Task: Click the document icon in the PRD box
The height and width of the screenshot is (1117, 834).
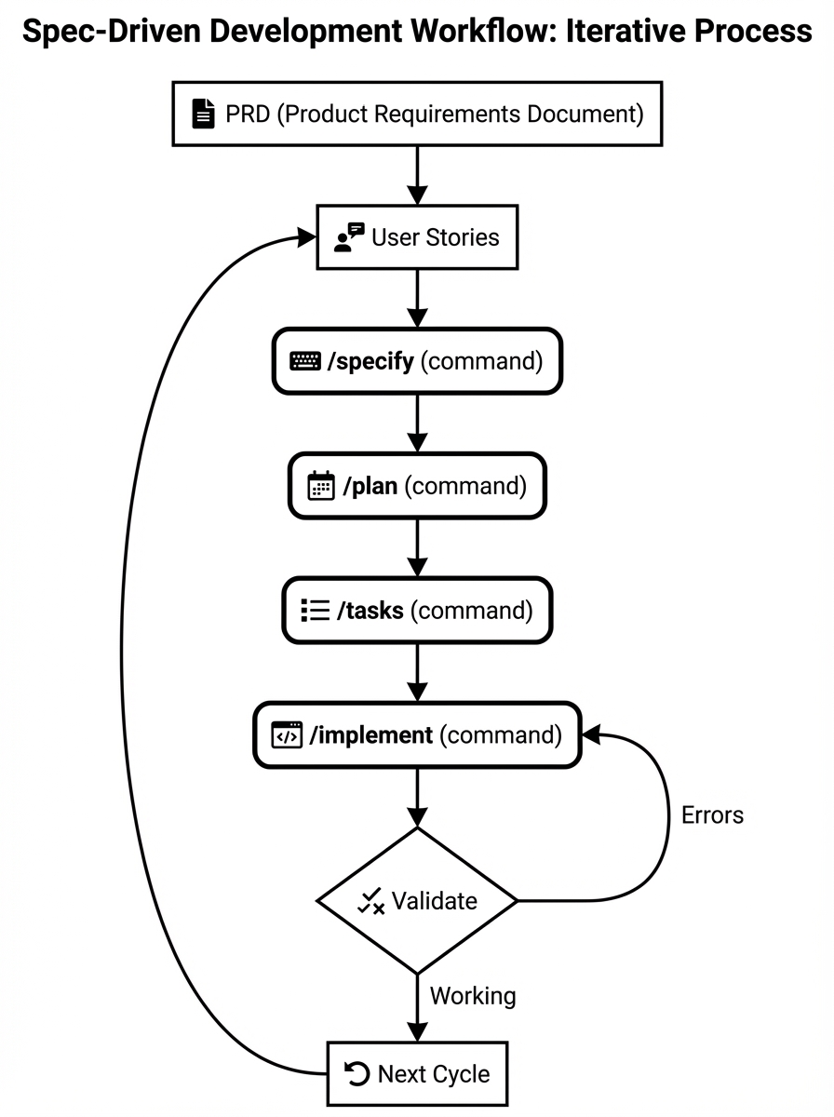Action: [x=202, y=114]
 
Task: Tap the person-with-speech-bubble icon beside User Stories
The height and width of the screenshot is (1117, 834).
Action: [x=349, y=237]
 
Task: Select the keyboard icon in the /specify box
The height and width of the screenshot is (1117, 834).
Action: [x=305, y=361]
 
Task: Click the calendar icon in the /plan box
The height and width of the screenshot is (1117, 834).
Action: [x=321, y=486]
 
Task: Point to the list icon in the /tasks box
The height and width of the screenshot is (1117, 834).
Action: [x=316, y=611]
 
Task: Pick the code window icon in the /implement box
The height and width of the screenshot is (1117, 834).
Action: [x=287, y=735]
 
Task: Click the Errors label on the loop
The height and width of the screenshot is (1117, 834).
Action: [x=712, y=815]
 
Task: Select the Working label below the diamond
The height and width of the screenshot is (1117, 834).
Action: [x=472, y=996]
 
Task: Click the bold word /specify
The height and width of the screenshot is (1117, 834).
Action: [x=370, y=361]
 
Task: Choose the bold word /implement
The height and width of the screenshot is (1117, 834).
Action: [x=371, y=735]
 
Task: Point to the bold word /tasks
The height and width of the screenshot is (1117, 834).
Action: [x=370, y=611]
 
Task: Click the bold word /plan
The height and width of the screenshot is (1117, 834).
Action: [x=370, y=486]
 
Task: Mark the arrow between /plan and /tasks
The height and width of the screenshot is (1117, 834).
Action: [x=417, y=548]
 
